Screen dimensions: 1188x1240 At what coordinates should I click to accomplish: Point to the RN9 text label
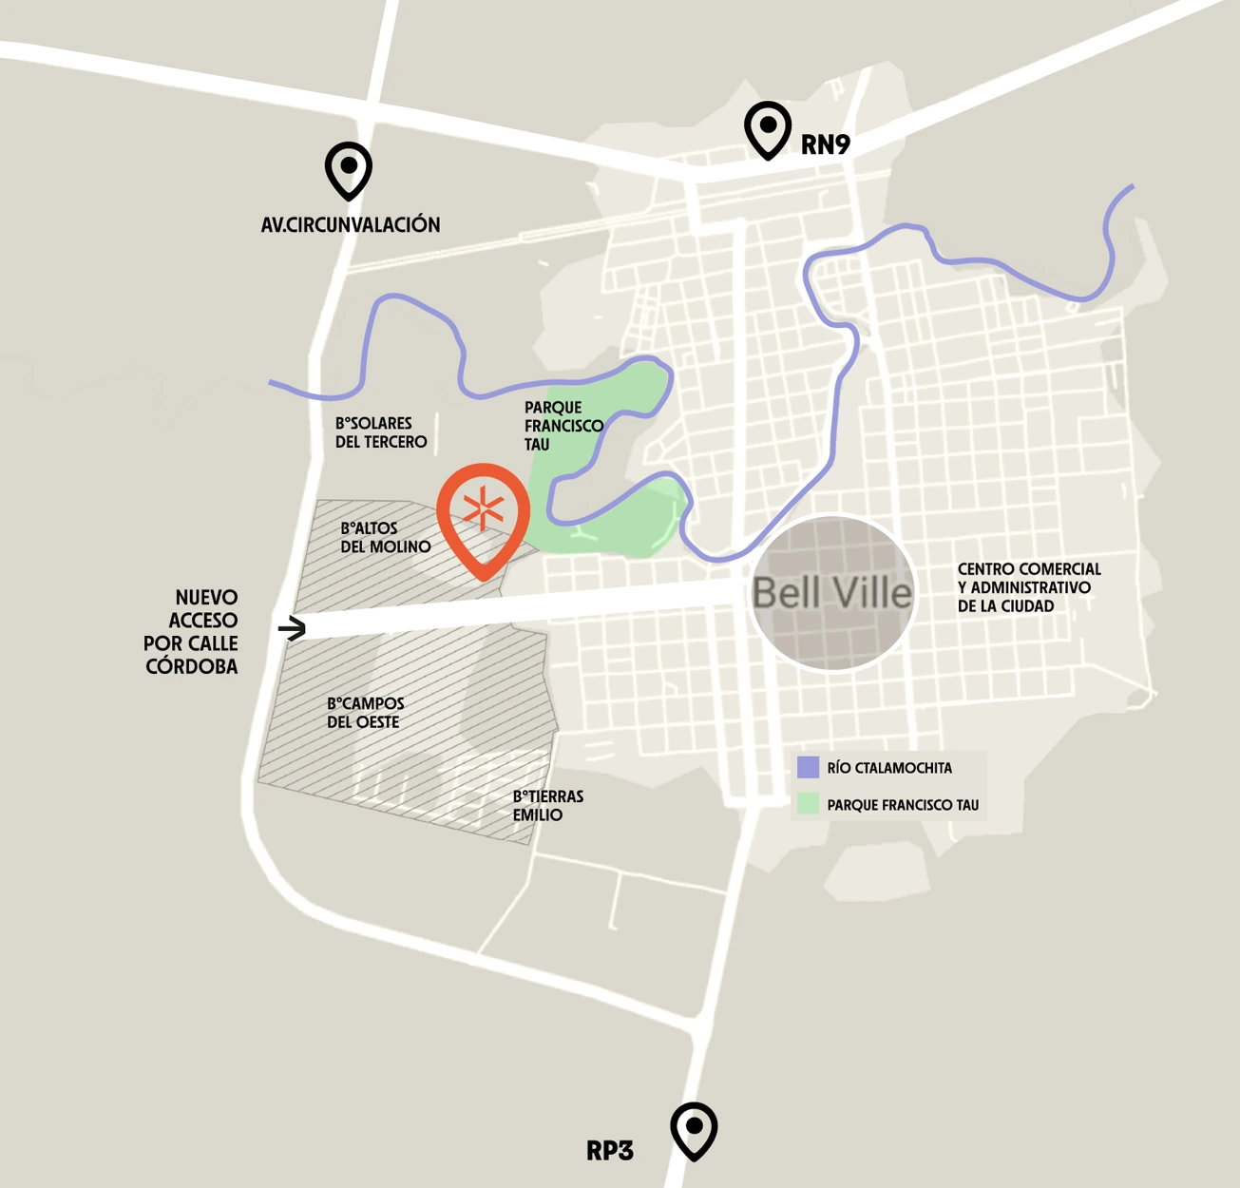[x=825, y=144]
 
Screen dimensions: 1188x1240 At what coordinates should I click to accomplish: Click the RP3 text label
[x=609, y=1151]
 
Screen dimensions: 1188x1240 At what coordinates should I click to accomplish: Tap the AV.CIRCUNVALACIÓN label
[x=351, y=225]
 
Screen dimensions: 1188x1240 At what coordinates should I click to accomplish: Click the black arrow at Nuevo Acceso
[x=292, y=628]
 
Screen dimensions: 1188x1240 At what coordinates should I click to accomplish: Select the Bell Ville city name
[x=831, y=593]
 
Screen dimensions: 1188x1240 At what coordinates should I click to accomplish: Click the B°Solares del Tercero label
[x=381, y=432]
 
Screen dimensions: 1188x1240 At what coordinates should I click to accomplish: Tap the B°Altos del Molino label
[x=385, y=538]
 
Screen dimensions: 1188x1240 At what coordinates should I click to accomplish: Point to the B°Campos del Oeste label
[x=365, y=713]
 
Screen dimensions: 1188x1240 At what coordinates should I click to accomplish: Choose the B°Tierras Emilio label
[x=547, y=806]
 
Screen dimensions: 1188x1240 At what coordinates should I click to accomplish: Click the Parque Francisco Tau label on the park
[x=563, y=426]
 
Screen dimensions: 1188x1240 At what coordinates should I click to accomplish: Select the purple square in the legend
[x=809, y=767]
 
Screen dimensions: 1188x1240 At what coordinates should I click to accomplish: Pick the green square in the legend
[x=809, y=804]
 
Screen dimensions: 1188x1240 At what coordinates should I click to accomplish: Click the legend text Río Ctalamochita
[x=889, y=768]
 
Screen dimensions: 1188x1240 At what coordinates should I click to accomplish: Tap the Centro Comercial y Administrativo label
[x=1028, y=587]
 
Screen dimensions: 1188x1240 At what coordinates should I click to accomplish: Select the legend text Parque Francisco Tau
[x=903, y=805]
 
